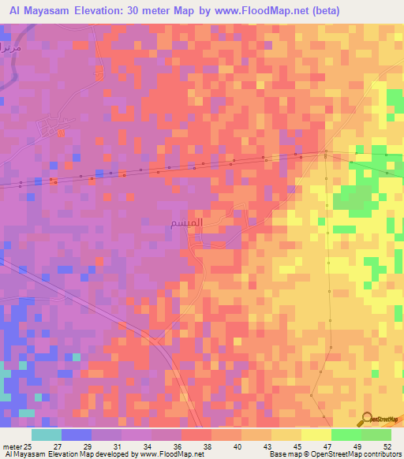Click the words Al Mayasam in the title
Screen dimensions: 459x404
point(39,11)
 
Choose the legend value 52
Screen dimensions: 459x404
point(387,446)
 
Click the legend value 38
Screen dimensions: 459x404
point(207,446)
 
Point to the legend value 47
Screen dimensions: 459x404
point(326,446)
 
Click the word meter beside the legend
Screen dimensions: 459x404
point(11,446)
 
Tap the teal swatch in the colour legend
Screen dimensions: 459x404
point(47,435)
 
